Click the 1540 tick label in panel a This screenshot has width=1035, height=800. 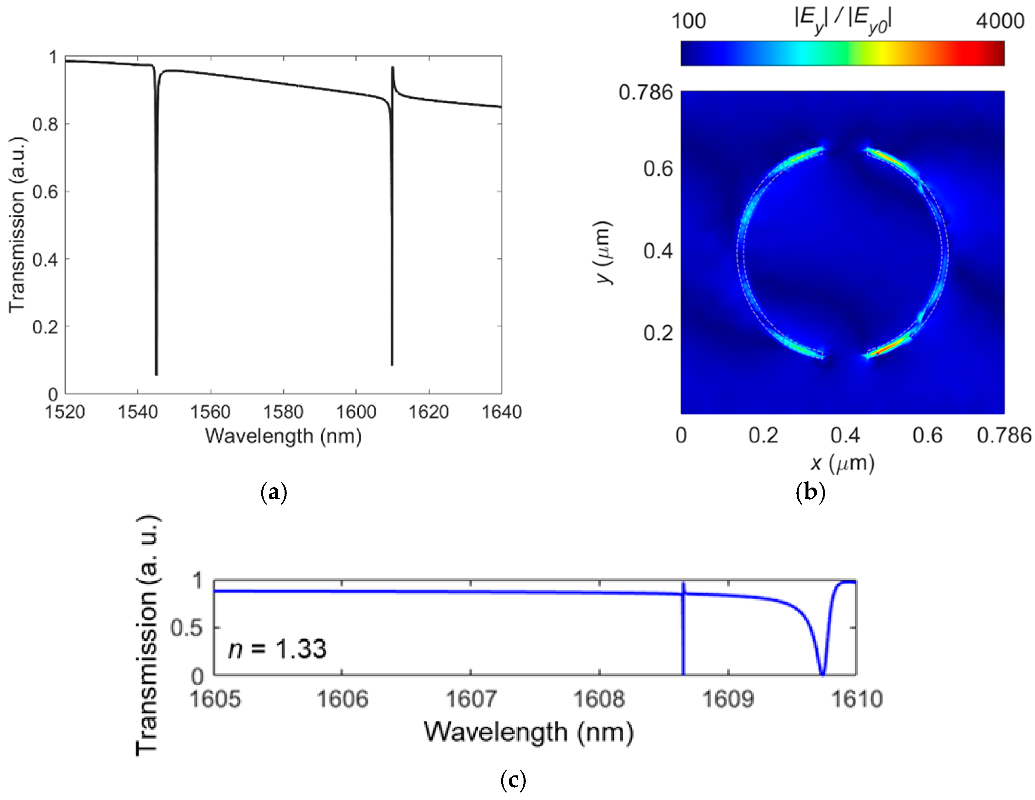(137, 412)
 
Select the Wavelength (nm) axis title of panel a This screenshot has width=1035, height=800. (283, 435)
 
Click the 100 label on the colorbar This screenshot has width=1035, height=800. (688, 21)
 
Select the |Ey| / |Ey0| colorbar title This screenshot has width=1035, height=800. (843, 21)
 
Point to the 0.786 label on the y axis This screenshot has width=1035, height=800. (646, 92)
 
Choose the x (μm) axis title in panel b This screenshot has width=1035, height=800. (842, 463)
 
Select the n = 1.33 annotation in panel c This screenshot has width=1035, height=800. (277, 649)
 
